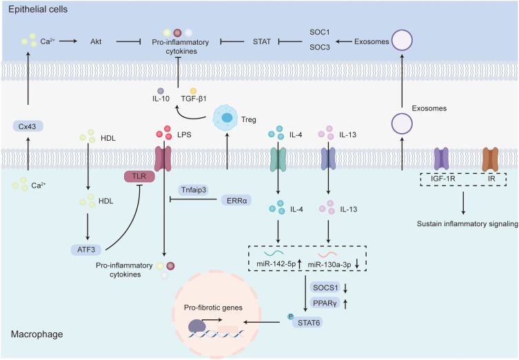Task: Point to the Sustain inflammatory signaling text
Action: [x=467, y=223]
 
